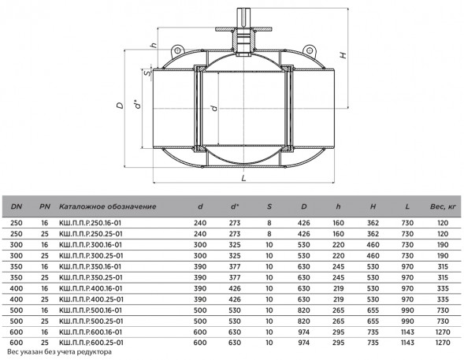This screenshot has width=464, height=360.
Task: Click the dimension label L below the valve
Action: pos(243,178)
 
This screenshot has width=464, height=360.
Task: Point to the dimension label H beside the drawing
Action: pos(343,55)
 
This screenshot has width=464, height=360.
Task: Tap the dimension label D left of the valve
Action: pos(121,106)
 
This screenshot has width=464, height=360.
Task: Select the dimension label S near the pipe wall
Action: pos(147,72)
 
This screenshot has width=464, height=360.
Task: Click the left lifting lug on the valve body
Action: pos(177,51)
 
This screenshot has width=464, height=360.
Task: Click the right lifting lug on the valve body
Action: pos(310,51)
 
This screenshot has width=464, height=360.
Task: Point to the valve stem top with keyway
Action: pos(243,18)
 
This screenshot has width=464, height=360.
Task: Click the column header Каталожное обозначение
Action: pos(107,206)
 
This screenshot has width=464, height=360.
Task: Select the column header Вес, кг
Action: pos(443,206)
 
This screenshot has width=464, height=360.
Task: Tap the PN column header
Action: pos(45,206)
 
